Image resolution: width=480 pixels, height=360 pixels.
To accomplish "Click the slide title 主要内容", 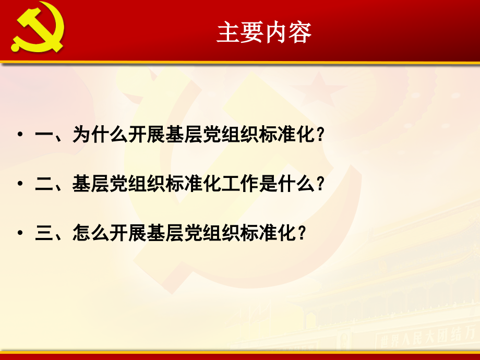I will pyautogui.click(x=265, y=32).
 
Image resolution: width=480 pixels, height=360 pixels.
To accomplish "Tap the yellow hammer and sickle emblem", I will pyautogui.click(x=38, y=31).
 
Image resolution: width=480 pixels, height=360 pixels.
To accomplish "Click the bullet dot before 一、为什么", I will pyautogui.click(x=20, y=135).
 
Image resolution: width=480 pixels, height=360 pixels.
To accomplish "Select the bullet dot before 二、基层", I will pyautogui.click(x=20, y=184).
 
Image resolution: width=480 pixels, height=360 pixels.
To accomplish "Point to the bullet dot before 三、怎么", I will pyautogui.click(x=20, y=233).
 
